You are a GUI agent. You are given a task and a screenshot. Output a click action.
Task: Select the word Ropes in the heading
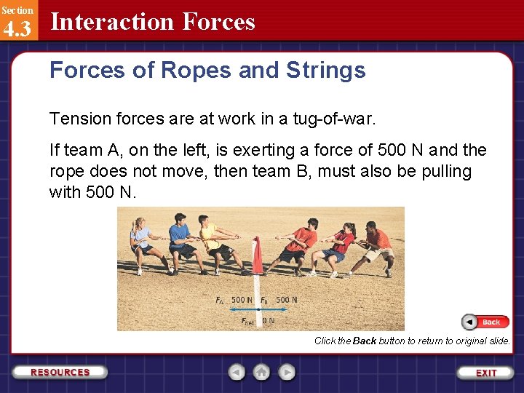tap(192, 70)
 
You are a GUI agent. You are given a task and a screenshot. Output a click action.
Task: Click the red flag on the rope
tap(257, 255)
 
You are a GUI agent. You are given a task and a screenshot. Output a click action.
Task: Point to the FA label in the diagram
tap(220, 300)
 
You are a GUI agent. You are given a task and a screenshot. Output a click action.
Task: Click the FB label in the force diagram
tap(265, 300)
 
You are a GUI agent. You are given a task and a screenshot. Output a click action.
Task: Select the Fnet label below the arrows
tap(249, 320)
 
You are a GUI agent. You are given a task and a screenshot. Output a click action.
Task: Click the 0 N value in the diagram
tap(269, 320)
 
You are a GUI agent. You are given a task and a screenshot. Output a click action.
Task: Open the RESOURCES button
tap(60, 372)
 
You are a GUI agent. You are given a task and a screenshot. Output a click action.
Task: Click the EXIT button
tap(486, 373)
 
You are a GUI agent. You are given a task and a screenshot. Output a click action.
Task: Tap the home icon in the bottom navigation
tap(261, 372)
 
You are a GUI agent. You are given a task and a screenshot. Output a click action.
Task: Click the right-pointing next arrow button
tap(287, 372)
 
